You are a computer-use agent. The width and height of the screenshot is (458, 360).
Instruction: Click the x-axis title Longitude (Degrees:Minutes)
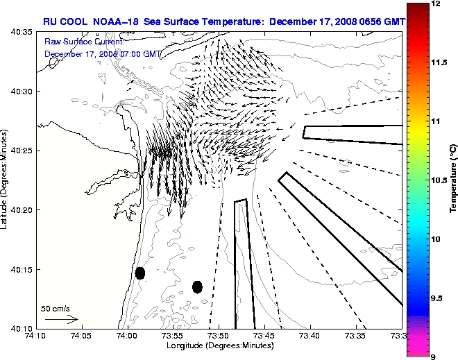(x=218, y=345)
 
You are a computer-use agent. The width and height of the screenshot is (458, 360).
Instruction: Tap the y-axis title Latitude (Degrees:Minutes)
(x=6, y=180)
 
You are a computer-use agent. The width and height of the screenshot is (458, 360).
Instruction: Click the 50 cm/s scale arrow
(x=61, y=320)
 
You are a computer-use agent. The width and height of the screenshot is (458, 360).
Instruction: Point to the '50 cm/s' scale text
(x=56, y=308)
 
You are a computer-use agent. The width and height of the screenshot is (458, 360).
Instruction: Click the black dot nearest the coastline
(x=140, y=273)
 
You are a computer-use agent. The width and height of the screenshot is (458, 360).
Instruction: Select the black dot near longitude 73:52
(x=197, y=286)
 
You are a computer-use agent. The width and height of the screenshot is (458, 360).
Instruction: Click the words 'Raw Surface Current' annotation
(x=78, y=42)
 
